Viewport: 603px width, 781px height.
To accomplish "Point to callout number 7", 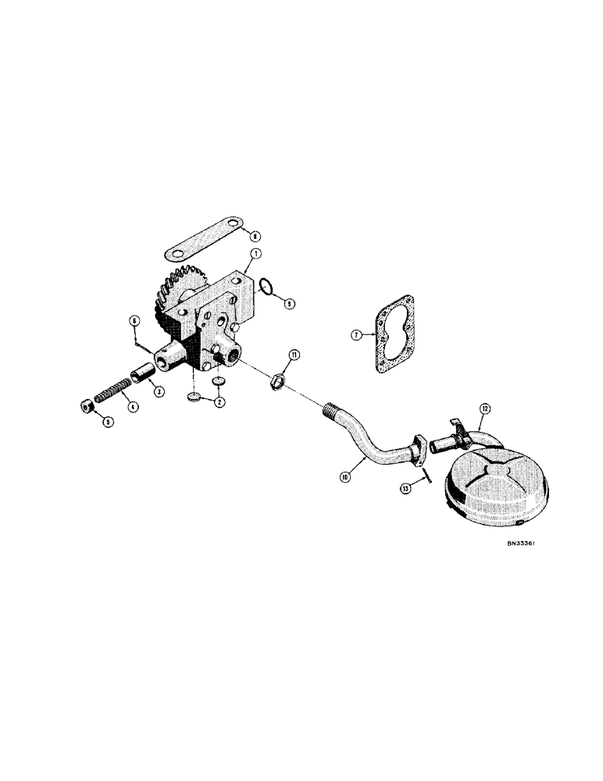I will [x=356, y=335].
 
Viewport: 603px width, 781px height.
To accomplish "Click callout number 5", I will [x=109, y=423].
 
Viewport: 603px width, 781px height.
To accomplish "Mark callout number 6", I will [x=134, y=320].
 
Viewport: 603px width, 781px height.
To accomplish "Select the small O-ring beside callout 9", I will [x=266, y=289].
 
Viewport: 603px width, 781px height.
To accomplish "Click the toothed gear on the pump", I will [x=172, y=298].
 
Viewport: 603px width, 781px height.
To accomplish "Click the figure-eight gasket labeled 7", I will [x=398, y=333].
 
